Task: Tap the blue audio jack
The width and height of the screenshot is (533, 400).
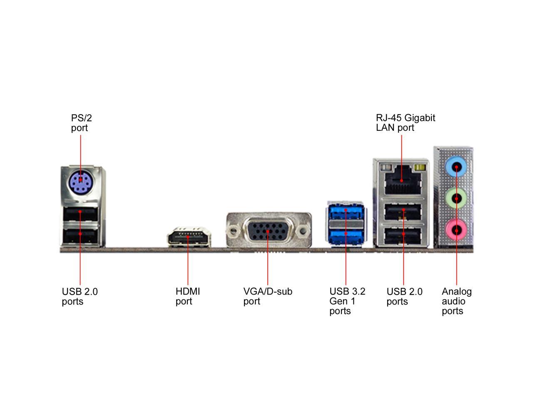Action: (456, 167)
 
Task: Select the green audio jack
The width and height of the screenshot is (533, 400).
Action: (456, 198)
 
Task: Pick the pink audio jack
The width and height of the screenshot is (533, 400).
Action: (456, 229)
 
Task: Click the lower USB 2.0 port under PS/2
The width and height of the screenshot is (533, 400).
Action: (81, 236)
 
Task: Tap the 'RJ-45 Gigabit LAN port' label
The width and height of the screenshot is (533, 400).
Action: (405, 123)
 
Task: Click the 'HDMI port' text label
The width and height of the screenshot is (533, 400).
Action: (187, 296)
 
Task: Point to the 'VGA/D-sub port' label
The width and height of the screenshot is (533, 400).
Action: (267, 296)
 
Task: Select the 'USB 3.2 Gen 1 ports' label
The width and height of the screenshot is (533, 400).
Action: (347, 301)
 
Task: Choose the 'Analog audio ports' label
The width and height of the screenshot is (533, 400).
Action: (456, 301)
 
